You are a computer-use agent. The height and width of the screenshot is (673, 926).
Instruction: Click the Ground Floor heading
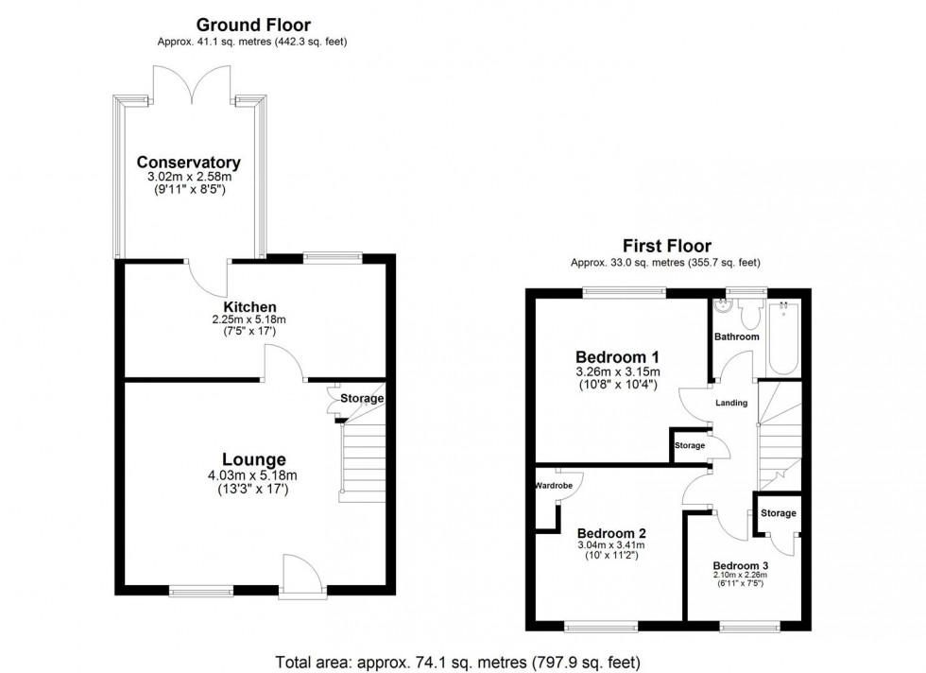tap(252, 25)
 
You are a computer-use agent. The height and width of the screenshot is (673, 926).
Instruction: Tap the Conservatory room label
tap(188, 162)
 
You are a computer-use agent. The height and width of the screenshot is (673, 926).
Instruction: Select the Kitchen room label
tap(249, 307)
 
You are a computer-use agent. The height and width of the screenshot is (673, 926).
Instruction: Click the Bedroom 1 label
tap(618, 356)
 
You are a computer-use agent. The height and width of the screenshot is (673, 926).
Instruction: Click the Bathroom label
tap(736, 336)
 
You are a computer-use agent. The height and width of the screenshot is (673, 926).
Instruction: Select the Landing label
tap(731, 403)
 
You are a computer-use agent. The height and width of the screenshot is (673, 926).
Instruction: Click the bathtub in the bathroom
tap(784, 337)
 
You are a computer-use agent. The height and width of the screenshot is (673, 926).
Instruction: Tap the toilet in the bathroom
tap(753, 313)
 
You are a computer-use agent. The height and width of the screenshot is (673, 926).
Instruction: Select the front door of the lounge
tap(302, 577)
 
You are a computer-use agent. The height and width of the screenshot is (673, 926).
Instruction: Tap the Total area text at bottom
tap(463, 661)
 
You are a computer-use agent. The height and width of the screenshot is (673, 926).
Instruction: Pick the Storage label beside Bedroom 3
tap(779, 513)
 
